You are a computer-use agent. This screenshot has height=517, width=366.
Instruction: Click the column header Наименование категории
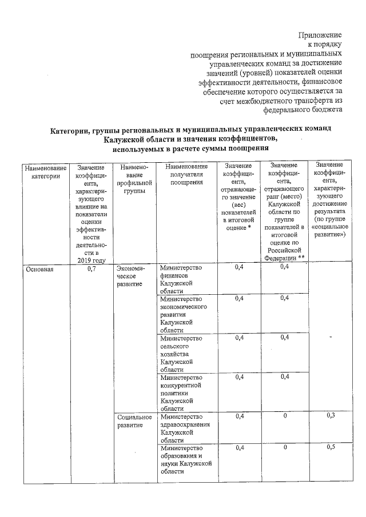pos(45,173)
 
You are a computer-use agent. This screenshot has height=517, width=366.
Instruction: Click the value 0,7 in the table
pos(90,269)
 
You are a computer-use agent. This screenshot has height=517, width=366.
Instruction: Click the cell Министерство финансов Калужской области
pos(181,279)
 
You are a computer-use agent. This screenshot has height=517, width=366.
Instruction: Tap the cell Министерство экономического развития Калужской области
pos(183,314)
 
